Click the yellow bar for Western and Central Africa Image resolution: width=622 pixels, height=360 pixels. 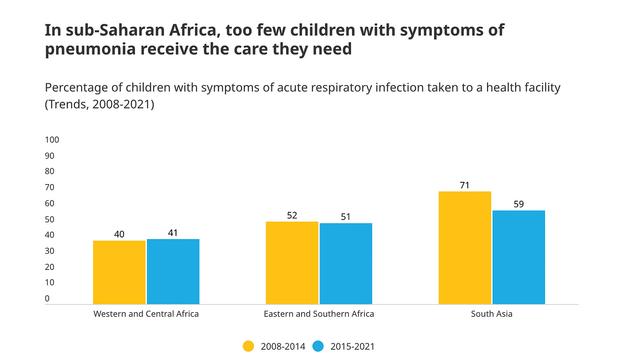[119, 272]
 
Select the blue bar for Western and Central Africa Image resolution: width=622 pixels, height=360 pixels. [173, 271]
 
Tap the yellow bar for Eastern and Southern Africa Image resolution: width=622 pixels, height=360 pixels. [292, 263]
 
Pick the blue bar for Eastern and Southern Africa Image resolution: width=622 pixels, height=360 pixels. [346, 263]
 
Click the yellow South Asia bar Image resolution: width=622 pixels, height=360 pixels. [465, 248]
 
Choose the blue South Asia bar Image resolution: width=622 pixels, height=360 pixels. [519, 257]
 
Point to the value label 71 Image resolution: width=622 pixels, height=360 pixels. [465, 185]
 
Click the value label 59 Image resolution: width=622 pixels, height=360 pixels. [519, 204]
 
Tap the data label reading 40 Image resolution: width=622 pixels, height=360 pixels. [119, 234]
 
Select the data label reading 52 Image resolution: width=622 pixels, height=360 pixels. [292, 216]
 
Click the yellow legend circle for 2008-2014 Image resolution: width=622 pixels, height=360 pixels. [248, 346]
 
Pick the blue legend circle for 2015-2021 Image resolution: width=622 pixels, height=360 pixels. [318, 346]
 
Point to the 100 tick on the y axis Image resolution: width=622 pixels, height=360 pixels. [52, 140]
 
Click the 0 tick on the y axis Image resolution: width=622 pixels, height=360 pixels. [47, 299]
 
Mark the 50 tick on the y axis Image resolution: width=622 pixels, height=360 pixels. [50, 219]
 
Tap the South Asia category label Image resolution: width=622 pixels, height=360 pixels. [492, 314]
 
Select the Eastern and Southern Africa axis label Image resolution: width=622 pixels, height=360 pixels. [319, 314]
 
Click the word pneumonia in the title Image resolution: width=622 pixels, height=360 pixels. [89, 49]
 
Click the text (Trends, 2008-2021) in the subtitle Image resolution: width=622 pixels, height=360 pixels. [100, 104]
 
